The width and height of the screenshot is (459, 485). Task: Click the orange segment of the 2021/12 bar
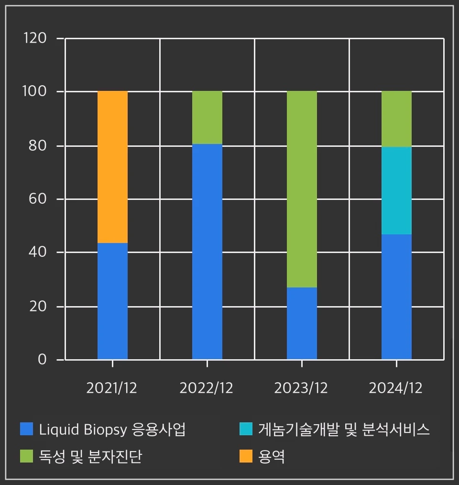112,167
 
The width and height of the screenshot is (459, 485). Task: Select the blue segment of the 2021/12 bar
112,301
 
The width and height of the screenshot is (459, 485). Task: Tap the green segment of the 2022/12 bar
207,117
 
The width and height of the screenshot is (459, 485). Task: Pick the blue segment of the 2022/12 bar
207,251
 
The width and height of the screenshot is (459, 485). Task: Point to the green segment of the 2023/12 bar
302,189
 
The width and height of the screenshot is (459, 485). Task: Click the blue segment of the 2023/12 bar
302,323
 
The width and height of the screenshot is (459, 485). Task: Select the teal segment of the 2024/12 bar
396,190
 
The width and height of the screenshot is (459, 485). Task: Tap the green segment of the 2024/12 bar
396,119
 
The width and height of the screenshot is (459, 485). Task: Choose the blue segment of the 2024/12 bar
396,297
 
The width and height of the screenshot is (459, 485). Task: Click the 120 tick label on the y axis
35,38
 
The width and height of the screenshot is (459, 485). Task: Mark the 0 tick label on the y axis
42,359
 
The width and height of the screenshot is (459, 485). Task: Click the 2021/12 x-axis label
111,388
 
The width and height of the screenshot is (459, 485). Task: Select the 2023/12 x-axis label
301,388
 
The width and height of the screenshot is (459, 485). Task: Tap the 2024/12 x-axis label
395,388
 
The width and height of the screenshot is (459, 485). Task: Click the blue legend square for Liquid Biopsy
26,429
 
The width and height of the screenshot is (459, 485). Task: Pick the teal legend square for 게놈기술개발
245,429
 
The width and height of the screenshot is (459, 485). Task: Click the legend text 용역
272,457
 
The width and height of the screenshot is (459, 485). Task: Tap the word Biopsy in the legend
106,430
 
